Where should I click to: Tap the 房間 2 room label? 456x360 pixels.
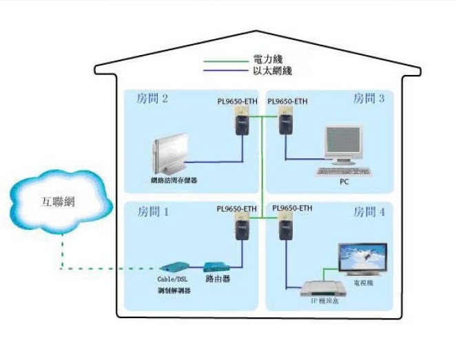[x=153, y=99]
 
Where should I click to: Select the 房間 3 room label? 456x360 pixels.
[x=369, y=99]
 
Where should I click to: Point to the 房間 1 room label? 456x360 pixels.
[x=153, y=211]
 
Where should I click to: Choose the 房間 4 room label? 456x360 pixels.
[x=369, y=211]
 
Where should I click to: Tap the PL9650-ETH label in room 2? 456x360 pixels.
[x=237, y=102]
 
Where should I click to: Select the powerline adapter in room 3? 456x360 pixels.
[x=282, y=126]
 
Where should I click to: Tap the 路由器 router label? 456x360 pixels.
[x=218, y=279]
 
